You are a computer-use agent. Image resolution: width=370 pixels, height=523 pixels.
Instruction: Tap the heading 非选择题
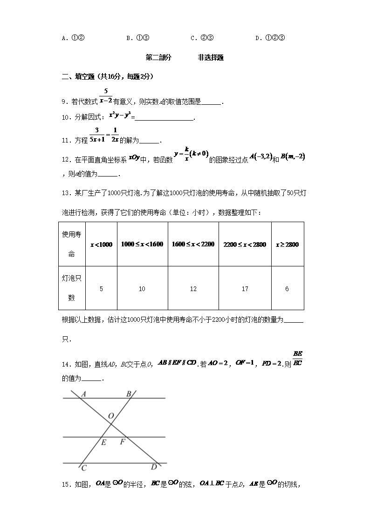click(211, 58)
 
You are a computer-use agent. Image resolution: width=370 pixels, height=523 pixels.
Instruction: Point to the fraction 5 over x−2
click(106, 96)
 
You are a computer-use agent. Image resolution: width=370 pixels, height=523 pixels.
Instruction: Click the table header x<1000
click(101, 245)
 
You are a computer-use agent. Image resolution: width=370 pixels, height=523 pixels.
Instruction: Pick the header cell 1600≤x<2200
click(193, 245)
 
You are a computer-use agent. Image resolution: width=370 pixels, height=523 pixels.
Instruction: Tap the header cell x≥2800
click(287, 245)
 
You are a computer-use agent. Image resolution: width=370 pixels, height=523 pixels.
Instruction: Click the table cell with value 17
click(245, 289)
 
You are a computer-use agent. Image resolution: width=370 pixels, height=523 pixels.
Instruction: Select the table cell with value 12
click(193, 289)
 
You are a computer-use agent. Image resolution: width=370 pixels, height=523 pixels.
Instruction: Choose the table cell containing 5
click(101, 289)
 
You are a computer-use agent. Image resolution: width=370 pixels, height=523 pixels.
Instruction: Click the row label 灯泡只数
click(71, 288)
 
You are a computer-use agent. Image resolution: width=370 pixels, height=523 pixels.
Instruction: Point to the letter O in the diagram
click(111, 415)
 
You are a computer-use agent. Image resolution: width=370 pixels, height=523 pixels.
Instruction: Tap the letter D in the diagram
click(154, 467)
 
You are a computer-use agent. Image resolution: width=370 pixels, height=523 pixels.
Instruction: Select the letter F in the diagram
click(123, 442)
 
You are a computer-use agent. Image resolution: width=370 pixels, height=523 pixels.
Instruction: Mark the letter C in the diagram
click(83, 468)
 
